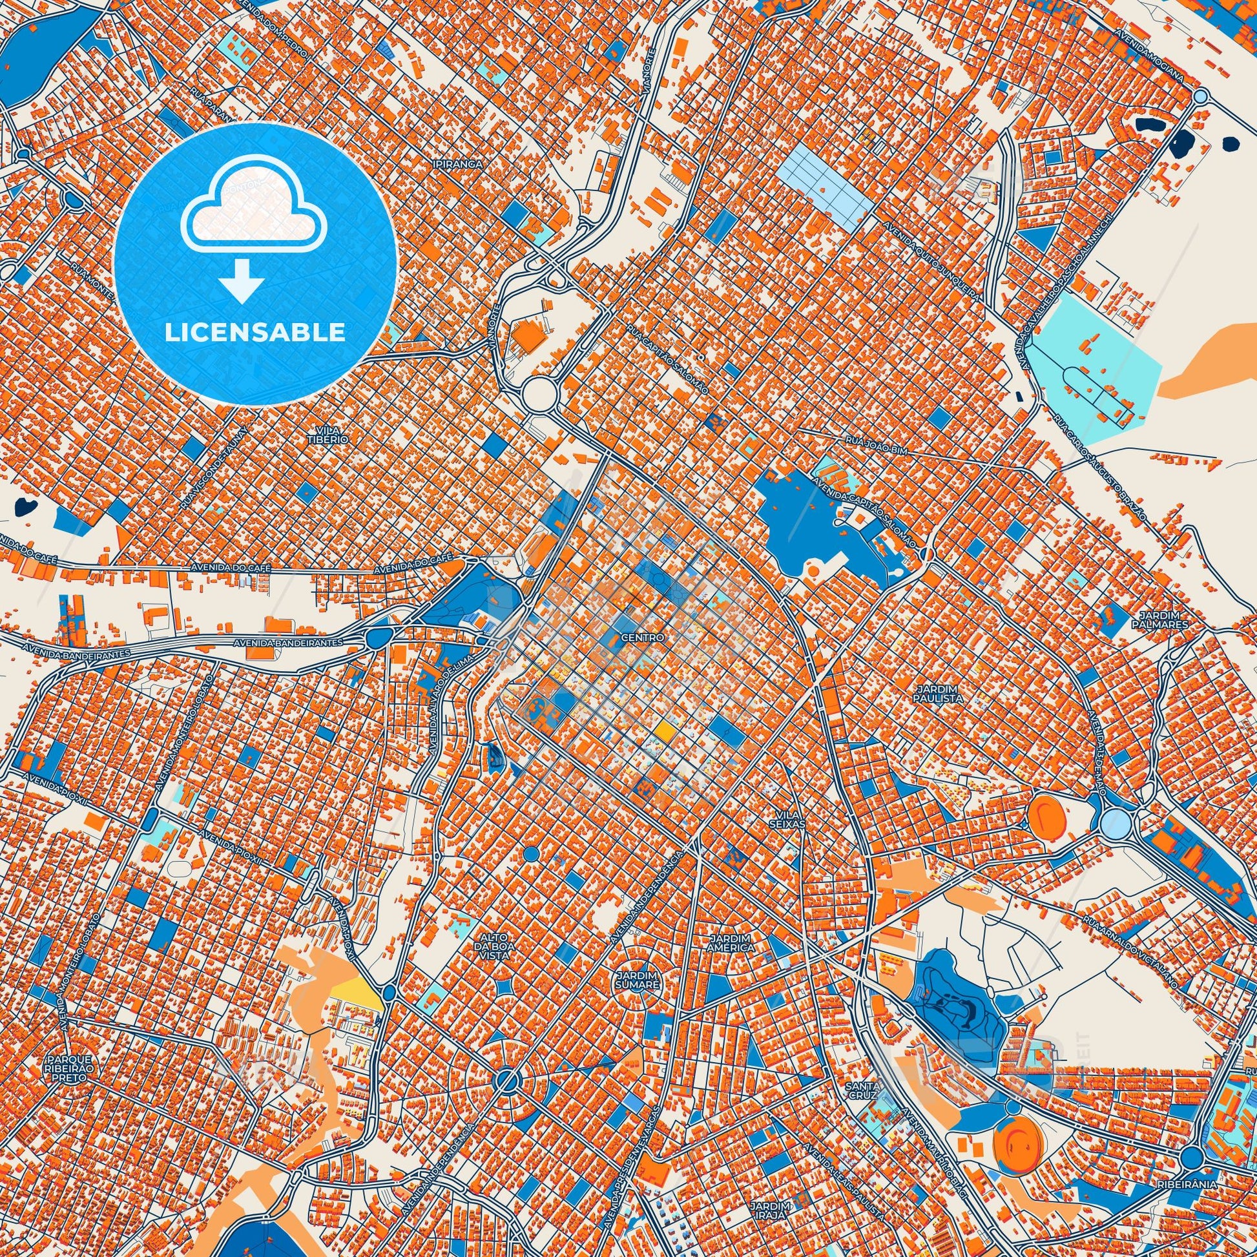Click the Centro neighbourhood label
point(642,638)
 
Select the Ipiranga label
point(459,165)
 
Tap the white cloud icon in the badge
point(247,214)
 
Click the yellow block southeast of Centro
point(664,731)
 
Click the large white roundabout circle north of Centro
point(541,393)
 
